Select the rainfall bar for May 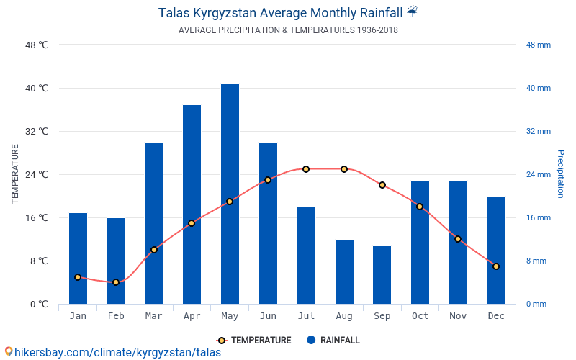point(230,194)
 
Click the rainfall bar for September point(382,275)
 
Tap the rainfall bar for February point(116,261)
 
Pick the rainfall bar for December point(496,250)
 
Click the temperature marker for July point(306,169)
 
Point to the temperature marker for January point(78,277)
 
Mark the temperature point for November point(458,239)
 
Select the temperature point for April point(192,223)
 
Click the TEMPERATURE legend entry point(254,340)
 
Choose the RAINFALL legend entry point(333,340)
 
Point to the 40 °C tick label point(37,88)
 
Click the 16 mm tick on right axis point(539,217)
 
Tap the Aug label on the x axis point(344,316)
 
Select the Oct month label point(420,316)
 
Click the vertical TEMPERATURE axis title point(14,174)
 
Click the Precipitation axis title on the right point(561,174)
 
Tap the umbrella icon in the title point(412,12)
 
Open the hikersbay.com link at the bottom point(117,352)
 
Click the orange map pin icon point(9,352)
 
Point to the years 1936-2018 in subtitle point(377,30)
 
